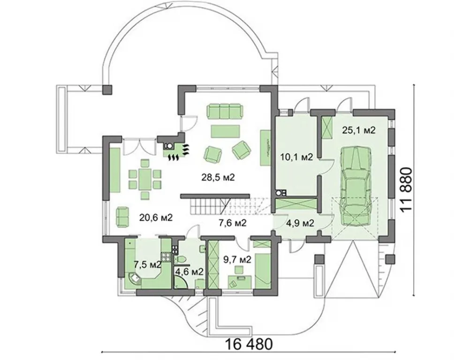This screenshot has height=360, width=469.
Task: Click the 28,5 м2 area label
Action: (x=218, y=177)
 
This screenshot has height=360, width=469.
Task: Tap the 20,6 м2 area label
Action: (x=156, y=217)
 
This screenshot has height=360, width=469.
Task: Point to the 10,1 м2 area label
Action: (x=297, y=157)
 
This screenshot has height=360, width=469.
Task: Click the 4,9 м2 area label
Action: (x=300, y=223)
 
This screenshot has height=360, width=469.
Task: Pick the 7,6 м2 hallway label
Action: (x=233, y=223)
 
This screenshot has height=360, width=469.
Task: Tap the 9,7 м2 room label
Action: (x=237, y=260)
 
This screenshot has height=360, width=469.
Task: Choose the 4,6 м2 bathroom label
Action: (x=189, y=271)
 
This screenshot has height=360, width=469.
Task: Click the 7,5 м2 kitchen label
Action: (x=147, y=264)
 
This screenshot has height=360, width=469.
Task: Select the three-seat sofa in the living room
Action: (x=224, y=111)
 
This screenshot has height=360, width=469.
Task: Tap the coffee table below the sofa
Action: (x=225, y=131)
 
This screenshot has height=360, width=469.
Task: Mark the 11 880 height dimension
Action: (x=407, y=190)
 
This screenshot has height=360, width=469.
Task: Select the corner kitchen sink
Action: (x=135, y=279)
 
